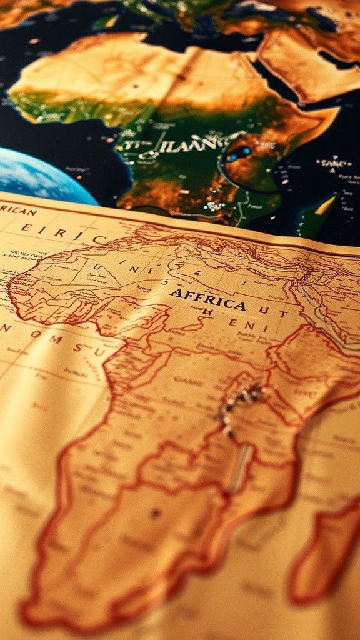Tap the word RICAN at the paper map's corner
[18, 211]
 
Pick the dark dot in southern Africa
[154, 513]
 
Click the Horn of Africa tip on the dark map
[335, 112]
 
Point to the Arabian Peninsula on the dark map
[300, 62]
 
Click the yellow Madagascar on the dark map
[324, 205]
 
